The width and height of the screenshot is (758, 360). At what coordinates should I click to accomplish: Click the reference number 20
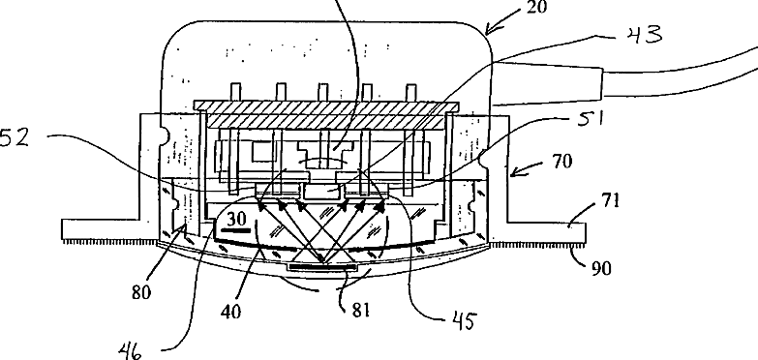(534, 7)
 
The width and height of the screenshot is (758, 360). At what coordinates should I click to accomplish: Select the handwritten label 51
(591, 118)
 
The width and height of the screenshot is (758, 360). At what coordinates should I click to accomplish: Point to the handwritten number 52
(15, 138)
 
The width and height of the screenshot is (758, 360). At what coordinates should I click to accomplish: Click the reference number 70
(561, 161)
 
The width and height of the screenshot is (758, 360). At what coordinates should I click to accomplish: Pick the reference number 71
(610, 199)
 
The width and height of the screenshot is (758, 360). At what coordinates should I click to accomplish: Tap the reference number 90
(601, 268)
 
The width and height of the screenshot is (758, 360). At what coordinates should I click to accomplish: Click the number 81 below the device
(361, 310)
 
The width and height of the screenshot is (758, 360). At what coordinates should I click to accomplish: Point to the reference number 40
(231, 312)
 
